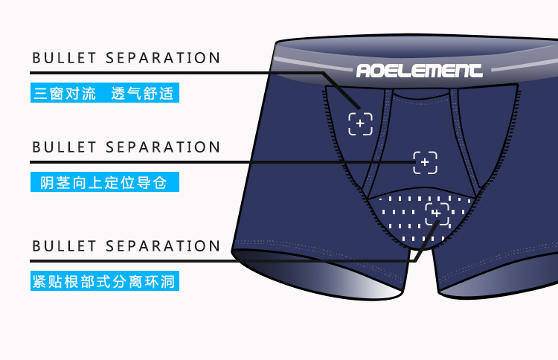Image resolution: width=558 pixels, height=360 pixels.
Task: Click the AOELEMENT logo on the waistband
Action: [x=419, y=71]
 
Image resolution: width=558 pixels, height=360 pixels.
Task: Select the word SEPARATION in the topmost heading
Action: [x=163, y=58]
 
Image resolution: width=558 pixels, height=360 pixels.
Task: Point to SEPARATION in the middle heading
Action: [x=163, y=147]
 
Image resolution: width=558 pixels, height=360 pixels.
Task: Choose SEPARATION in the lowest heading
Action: [x=163, y=245]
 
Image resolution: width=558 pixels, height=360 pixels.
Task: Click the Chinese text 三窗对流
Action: [x=65, y=94]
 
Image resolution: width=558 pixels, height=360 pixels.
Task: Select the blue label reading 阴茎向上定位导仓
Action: [x=104, y=182]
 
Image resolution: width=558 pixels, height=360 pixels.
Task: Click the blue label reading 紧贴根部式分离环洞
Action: [x=105, y=282]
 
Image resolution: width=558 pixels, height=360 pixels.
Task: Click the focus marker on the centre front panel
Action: [x=426, y=162]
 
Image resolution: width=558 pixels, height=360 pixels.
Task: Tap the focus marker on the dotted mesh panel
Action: [x=437, y=214]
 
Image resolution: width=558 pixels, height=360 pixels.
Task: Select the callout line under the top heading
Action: [x=186, y=73]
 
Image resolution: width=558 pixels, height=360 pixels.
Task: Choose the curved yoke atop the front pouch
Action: [x=420, y=96]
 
